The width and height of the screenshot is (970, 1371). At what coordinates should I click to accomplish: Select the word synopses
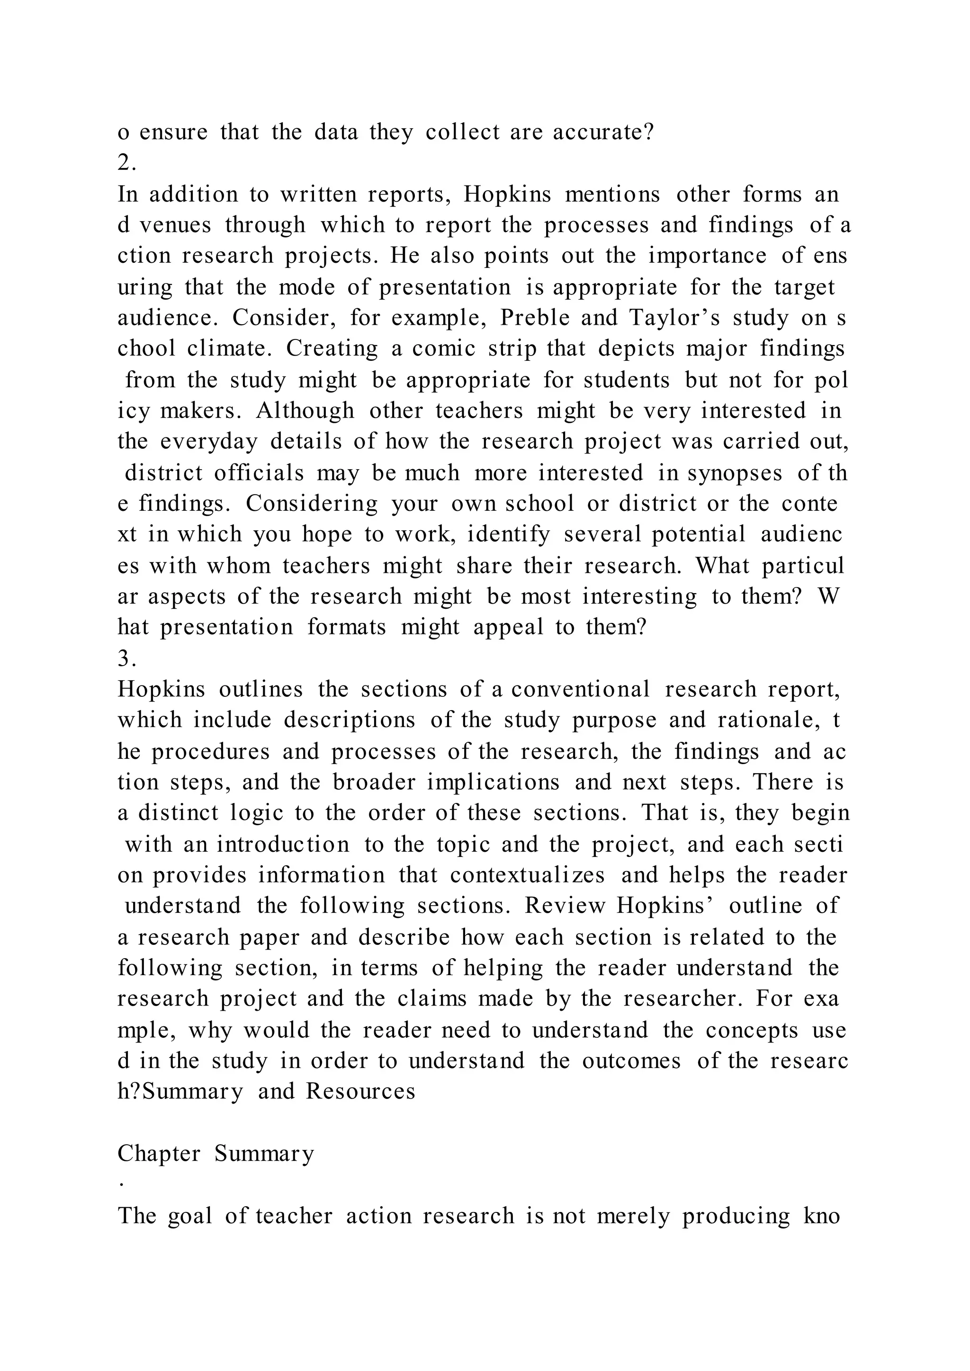point(735,473)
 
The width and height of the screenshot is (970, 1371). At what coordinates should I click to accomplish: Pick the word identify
point(508,534)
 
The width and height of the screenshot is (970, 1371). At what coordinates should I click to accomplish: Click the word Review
point(565,906)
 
